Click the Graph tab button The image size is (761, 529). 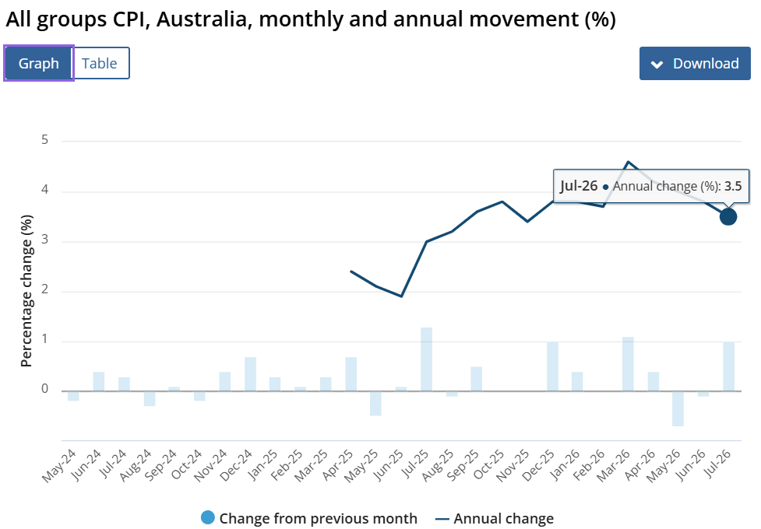coord(39,63)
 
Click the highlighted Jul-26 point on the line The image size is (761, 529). coord(728,217)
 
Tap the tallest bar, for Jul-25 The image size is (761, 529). coord(426,359)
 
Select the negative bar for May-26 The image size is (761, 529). coord(678,408)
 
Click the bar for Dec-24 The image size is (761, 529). coord(250,374)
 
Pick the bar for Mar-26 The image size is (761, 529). coord(628,364)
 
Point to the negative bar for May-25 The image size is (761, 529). coord(375,404)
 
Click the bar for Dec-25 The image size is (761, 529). coord(552,366)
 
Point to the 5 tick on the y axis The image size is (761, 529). coord(45,140)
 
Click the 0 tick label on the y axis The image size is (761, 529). coord(45,389)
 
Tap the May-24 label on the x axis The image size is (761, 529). coord(59,466)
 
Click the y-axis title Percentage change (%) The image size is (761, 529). coord(26,291)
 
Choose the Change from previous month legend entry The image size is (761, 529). coord(309,518)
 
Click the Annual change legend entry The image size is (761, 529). coord(495,519)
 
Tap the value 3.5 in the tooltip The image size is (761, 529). coord(733,186)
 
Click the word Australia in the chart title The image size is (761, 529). coord(202,19)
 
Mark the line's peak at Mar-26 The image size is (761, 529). coord(628,162)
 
